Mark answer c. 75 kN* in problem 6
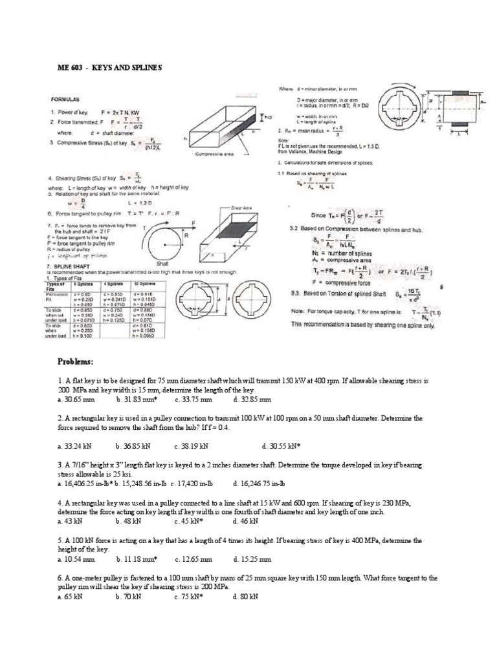189,597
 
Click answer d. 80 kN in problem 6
245,597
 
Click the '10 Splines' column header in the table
146,283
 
